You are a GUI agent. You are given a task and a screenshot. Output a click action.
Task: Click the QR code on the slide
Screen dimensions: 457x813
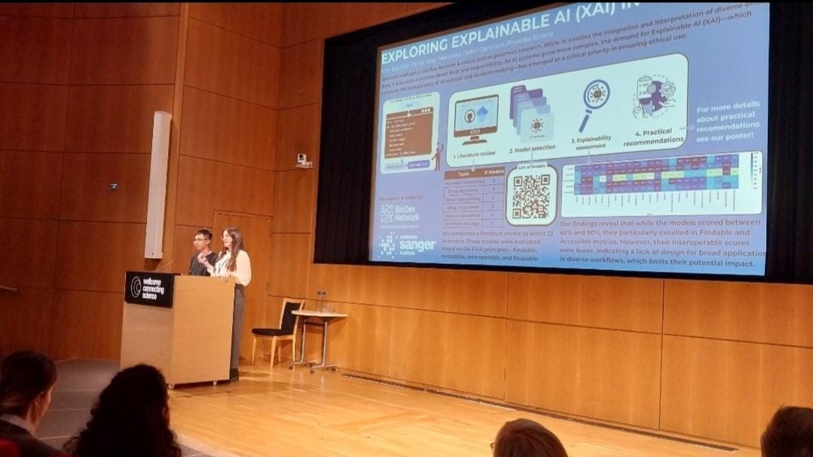tap(531, 195)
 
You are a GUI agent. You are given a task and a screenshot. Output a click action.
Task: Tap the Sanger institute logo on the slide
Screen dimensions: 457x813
tap(407, 245)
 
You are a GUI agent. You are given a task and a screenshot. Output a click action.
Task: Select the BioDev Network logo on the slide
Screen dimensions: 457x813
tap(399, 213)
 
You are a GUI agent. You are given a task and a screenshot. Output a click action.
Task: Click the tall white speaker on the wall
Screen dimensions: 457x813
tap(157, 185)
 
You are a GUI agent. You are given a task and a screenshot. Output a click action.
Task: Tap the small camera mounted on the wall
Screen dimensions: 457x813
tap(302, 159)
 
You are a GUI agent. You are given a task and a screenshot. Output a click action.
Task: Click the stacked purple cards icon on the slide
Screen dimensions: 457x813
tap(531, 111)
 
